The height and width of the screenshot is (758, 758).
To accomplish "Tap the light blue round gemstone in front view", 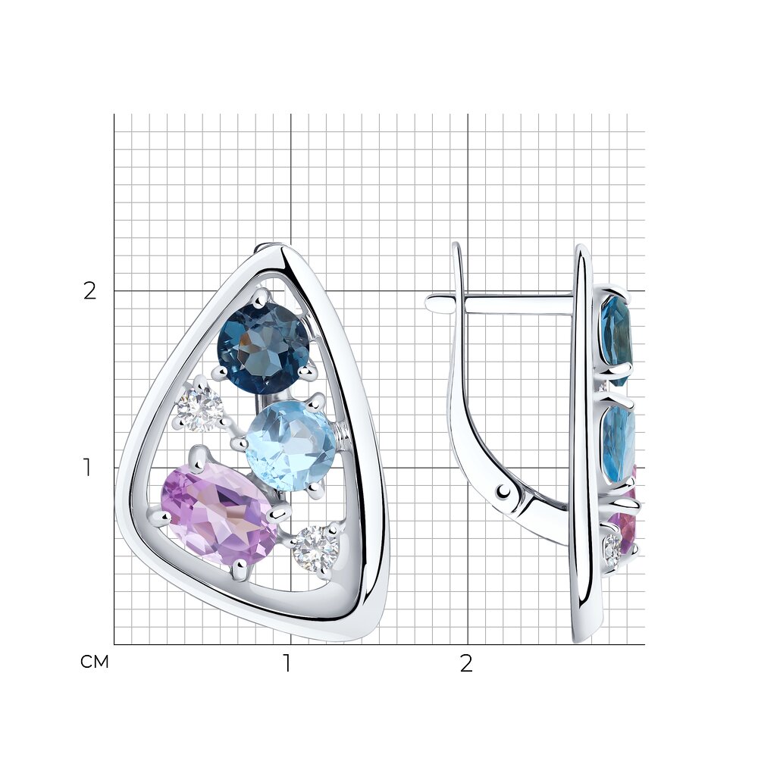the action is click(x=290, y=446).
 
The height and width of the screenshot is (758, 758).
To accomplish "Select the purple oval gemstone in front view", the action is click(x=219, y=515).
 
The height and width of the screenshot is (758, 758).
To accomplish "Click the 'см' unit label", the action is click(x=94, y=662).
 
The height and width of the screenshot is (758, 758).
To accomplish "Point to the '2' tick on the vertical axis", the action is click(x=89, y=291).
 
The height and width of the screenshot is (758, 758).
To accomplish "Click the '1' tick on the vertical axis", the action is click(x=87, y=468).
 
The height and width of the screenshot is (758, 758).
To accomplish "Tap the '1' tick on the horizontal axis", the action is click(x=287, y=664).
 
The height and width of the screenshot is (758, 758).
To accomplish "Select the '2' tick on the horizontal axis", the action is click(x=465, y=664).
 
